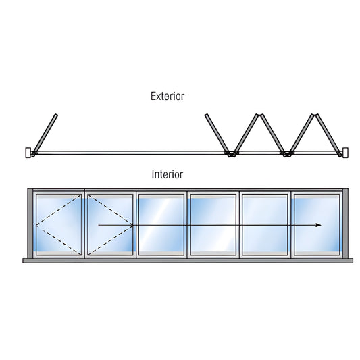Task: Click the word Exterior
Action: (168, 96)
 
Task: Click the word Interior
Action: (168, 174)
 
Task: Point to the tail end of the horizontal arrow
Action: (99, 225)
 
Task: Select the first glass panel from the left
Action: (59, 225)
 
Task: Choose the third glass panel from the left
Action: (161, 225)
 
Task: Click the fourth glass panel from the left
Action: (212, 225)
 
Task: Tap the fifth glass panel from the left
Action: (264, 225)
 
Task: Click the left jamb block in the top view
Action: (29, 153)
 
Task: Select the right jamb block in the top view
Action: (344, 153)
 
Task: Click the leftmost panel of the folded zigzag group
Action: (217, 134)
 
